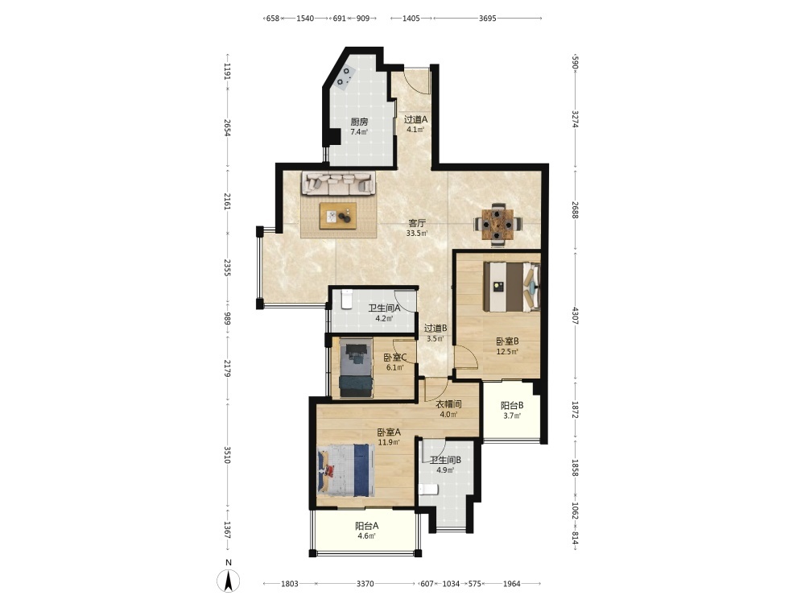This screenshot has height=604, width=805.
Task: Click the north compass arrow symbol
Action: (229, 581)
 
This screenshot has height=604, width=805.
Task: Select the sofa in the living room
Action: (337, 184)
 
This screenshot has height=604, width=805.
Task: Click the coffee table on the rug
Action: (338, 216)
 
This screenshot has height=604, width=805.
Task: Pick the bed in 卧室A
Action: (346, 470)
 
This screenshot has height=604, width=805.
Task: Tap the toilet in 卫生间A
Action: (346, 299)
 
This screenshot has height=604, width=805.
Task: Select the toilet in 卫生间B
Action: (429, 490)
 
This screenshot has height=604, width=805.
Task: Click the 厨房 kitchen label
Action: (359, 122)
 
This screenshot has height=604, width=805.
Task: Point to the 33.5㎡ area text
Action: (417, 234)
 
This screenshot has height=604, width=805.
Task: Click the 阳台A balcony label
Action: (366, 526)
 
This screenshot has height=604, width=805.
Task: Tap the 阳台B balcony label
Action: (512, 405)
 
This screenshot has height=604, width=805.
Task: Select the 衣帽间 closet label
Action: (448, 404)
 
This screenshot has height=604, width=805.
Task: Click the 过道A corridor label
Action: (416, 119)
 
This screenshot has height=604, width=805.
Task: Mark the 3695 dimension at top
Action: (487, 19)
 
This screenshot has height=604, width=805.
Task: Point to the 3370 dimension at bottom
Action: (365, 583)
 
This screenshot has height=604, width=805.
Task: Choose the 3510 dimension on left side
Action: (228, 455)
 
